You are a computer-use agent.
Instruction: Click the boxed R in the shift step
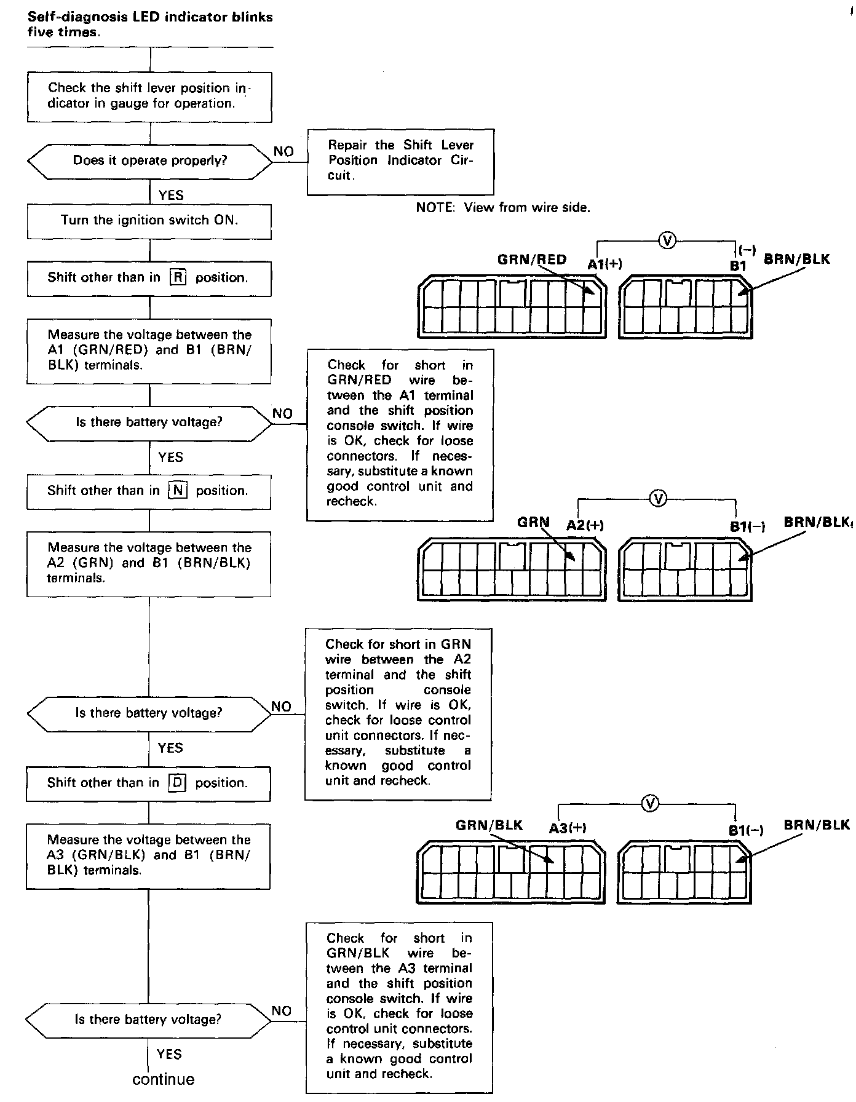178,277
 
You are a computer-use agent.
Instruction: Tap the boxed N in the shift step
178,491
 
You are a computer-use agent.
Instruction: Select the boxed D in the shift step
177,783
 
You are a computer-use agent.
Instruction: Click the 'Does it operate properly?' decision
150,161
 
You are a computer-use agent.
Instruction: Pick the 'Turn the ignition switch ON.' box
149,221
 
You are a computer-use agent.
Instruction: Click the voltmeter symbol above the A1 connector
667,240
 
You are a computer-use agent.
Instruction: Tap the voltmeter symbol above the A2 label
658,499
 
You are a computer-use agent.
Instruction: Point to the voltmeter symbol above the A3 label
650,804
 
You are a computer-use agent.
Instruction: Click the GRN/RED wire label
532,260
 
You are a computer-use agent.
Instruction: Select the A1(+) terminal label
605,264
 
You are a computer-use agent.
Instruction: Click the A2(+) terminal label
585,525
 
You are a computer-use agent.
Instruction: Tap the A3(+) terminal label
568,828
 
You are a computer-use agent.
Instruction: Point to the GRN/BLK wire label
489,825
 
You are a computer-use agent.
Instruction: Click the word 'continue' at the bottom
164,1080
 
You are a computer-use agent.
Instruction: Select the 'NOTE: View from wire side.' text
503,208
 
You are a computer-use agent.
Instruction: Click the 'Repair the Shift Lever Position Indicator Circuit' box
400,161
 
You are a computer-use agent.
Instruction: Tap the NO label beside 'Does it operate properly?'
283,151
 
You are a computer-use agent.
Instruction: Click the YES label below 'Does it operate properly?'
171,196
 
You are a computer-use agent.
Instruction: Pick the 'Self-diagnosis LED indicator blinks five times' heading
150,25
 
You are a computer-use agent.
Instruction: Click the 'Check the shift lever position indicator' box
149,97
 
